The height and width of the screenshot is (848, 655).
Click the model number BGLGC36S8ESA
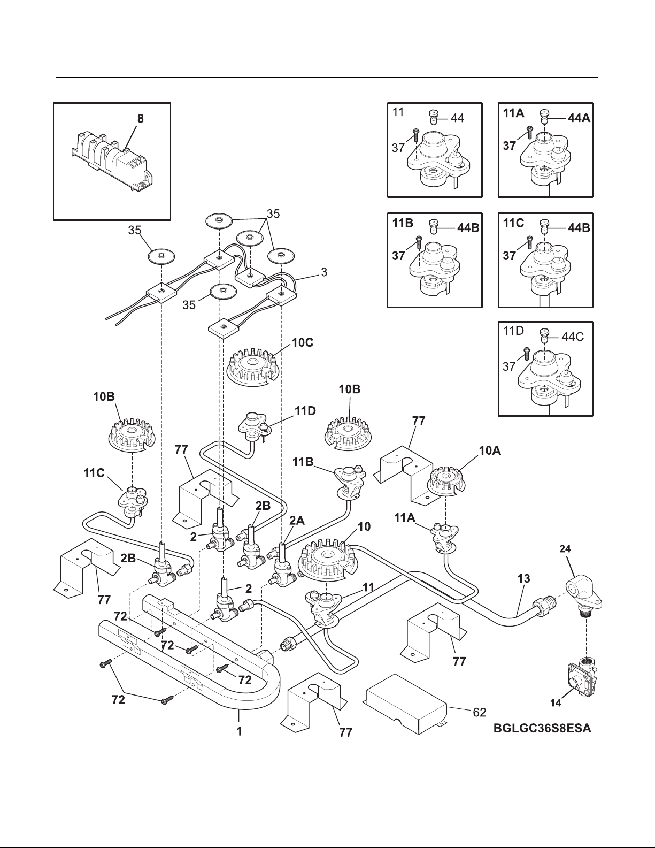542,729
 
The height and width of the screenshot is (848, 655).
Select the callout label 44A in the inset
579,118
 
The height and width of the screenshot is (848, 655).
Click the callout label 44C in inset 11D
573,337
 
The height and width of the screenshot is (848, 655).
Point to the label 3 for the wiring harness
324,272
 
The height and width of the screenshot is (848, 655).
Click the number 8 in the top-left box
140,119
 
